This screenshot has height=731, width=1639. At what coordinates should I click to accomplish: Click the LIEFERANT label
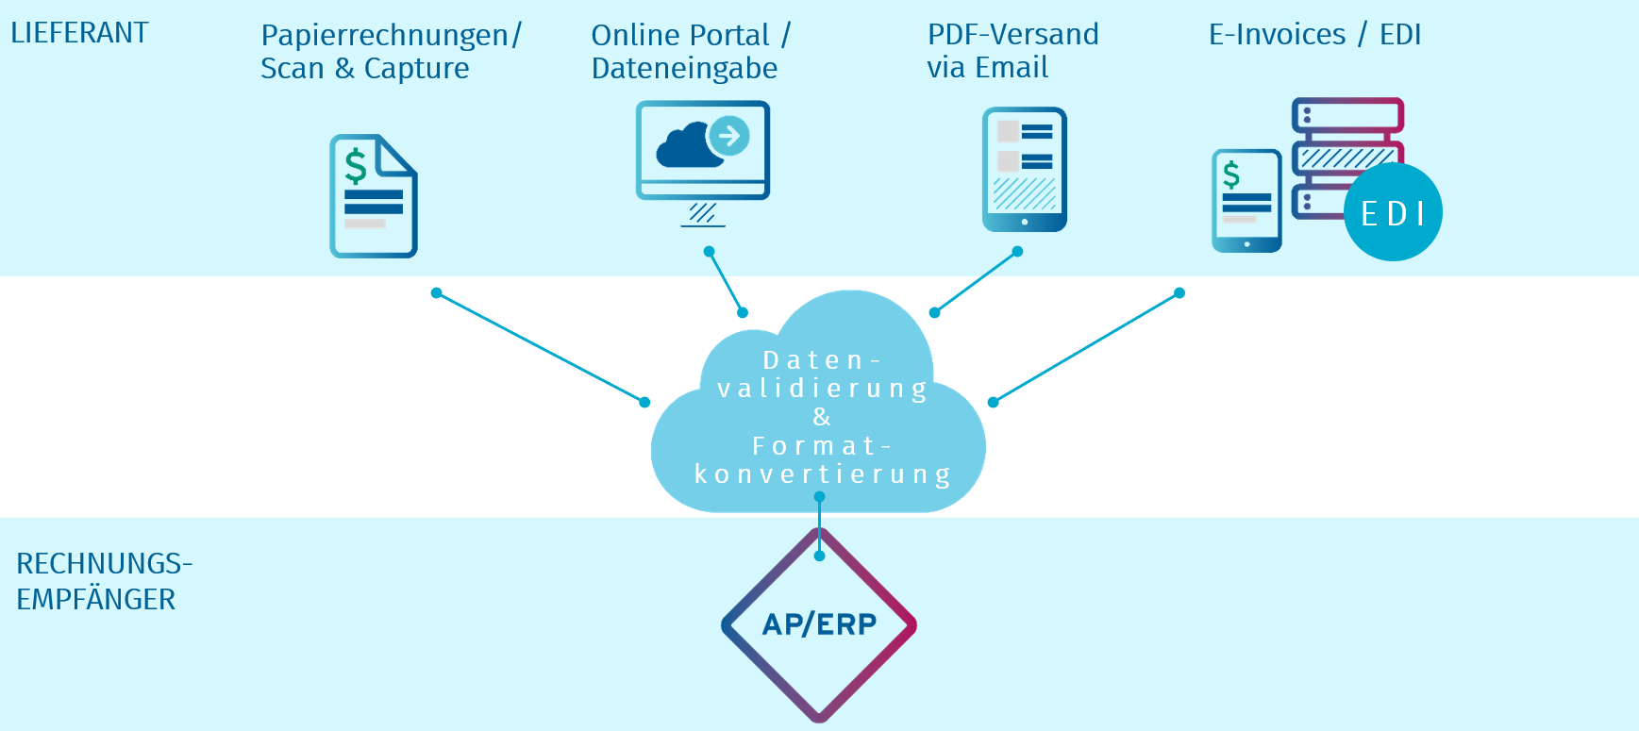[x=79, y=33]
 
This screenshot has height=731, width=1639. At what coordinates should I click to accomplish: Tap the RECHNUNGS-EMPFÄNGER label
[x=103, y=581]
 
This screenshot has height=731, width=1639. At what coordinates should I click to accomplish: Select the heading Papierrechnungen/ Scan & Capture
[x=390, y=52]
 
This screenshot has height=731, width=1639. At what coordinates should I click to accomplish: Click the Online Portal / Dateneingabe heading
[x=690, y=52]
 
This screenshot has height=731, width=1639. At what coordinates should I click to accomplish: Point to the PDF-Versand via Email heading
[x=1012, y=51]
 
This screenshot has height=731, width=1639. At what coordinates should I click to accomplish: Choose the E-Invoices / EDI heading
[x=1314, y=35]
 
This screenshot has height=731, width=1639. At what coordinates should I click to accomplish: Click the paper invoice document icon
[x=374, y=196]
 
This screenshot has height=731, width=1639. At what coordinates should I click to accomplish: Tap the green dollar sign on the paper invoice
[x=356, y=166]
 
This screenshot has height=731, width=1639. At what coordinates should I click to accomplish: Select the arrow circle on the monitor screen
[x=729, y=136]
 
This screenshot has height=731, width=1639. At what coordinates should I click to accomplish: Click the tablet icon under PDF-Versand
[x=1025, y=170]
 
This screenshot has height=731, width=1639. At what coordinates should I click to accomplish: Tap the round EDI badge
[x=1393, y=213]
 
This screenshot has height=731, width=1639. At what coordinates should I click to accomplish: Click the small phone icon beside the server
[x=1246, y=201]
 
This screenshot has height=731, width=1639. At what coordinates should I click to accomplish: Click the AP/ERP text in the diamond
[x=819, y=624]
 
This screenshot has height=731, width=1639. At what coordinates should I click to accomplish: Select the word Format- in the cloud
[x=821, y=445]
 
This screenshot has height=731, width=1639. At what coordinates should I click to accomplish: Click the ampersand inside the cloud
[x=821, y=417]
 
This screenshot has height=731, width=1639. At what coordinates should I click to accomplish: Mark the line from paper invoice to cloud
[x=541, y=348]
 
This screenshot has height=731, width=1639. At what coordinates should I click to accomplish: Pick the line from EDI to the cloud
[x=1086, y=348]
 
